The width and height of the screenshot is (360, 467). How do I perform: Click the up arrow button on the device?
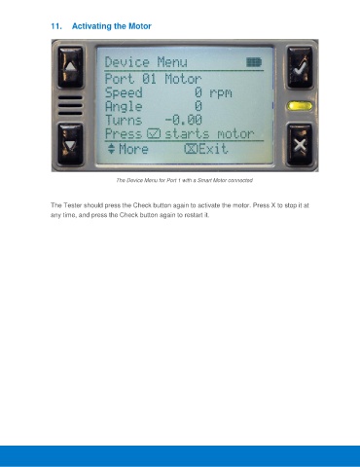click(70, 67)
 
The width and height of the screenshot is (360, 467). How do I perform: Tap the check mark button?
click(300, 67)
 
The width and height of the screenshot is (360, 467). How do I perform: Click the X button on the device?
click(300, 145)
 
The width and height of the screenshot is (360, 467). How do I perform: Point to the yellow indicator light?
click(300, 106)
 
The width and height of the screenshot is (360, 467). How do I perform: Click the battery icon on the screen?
click(254, 62)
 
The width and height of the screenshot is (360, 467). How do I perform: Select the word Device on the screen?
click(127, 62)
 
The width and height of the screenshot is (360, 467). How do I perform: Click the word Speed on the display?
click(124, 93)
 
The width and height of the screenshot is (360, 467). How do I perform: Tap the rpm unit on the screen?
click(221, 93)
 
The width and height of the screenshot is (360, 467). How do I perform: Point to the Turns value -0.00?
click(184, 120)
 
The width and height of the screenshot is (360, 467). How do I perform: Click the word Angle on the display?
click(124, 107)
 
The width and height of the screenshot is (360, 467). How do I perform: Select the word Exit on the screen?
click(213, 149)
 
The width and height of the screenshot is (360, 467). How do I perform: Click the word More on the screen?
click(133, 149)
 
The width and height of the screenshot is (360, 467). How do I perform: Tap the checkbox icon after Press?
click(154, 133)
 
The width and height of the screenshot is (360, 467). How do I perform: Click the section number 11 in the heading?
click(56, 26)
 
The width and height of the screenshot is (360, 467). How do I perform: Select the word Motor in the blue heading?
click(140, 26)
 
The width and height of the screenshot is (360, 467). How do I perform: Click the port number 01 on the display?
click(149, 79)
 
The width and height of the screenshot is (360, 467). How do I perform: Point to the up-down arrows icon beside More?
click(111, 149)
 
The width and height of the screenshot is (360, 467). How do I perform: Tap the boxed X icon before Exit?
click(191, 149)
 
